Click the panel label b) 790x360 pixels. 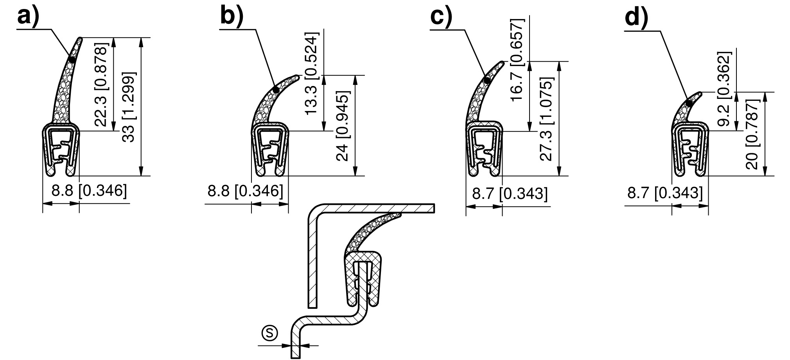pos(232,16)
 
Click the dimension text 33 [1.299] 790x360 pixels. pos(129,107)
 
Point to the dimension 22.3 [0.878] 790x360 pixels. pos(101,86)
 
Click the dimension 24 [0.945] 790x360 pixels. pos(343,126)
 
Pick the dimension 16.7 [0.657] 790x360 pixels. pos(517,59)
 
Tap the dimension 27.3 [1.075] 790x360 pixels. pos(547,119)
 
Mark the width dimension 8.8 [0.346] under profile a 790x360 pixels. pos(90,191)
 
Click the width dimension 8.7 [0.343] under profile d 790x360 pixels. pos(665,193)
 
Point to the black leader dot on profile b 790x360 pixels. pos(276,90)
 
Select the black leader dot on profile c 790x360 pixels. pos(487,80)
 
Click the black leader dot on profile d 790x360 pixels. pos(688,103)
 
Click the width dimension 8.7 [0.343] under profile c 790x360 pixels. pos(510,193)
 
